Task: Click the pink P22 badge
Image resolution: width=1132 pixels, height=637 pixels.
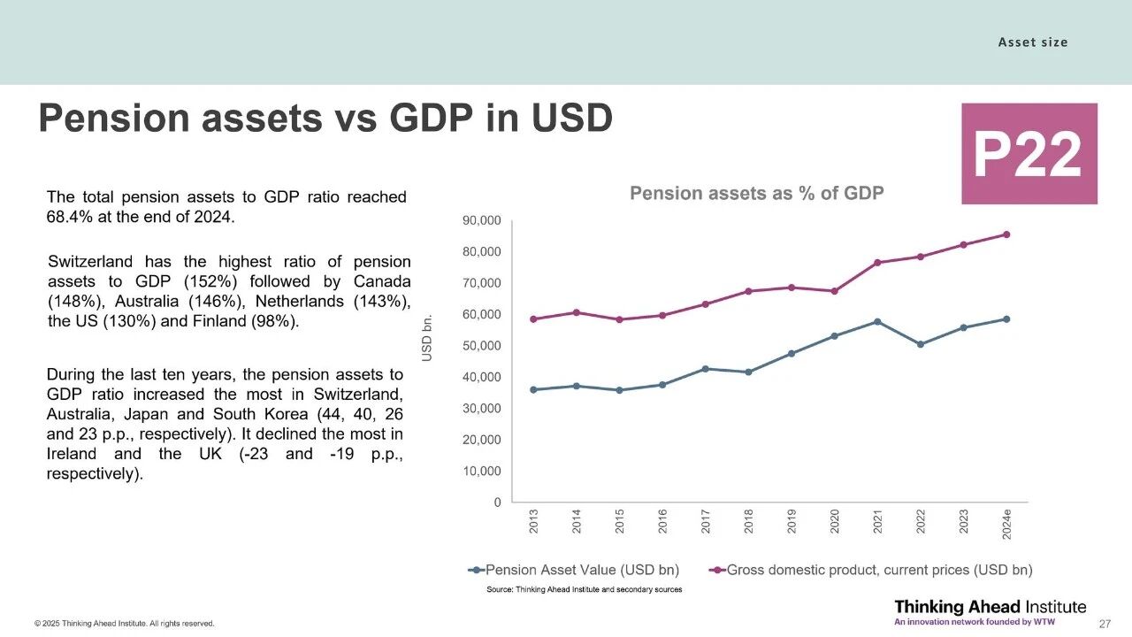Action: pyautogui.click(x=1029, y=154)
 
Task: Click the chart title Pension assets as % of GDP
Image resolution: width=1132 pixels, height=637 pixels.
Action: pyautogui.click(x=756, y=193)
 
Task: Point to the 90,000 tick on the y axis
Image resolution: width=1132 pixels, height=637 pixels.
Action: pyautogui.click(x=481, y=220)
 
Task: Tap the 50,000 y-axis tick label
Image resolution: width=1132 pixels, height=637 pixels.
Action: pyautogui.click(x=481, y=346)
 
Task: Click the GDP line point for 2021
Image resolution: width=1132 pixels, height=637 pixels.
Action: pyautogui.click(x=877, y=263)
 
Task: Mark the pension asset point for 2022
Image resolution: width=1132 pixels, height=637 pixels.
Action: pyautogui.click(x=921, y=344)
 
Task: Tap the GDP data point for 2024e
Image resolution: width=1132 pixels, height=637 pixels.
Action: pyautogui.click(x=1006, y=234)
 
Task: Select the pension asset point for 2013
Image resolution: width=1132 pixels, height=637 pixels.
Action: pyautogui.click(x=533, y=389)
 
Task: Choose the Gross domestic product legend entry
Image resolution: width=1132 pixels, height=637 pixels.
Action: pyautogui.click(x=870, y=570)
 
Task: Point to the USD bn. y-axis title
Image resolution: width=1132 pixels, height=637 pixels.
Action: pyautogui.click(x=427, y=337)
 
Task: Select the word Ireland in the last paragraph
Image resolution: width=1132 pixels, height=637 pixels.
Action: pyautogui.click(x=74, y=454)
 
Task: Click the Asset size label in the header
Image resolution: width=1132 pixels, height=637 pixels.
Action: pyautogui.click(x=1033, y=42)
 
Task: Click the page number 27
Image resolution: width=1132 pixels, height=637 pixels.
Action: pyautogui.click(x=1104, y=624)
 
